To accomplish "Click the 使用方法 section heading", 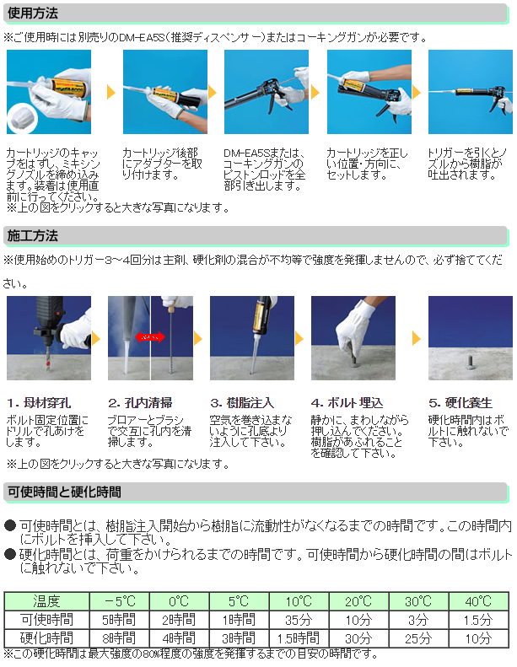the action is [x=33, y=13].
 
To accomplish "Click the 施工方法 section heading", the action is [x=33, y=235].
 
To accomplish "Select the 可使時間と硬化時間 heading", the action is [x=64, y=492].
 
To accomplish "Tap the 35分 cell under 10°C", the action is [x=299, y=620].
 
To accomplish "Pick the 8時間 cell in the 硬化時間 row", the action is [x=119, y=638].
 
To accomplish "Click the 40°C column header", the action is [x=479, y=601].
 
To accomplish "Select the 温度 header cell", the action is [x=46, y=601].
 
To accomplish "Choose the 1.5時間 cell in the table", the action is [x=299, y=638].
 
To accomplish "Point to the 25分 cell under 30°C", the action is [x=418, y=638].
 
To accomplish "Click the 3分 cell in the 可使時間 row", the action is [x=418, y=620].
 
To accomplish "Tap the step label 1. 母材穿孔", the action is [x=39, y=402].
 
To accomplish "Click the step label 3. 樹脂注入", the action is [x=242, y=402].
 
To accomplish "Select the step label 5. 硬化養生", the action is [x=460, y=402].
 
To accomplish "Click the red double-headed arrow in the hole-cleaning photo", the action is [x=150, y=338].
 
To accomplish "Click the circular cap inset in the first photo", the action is [x=23, y=117].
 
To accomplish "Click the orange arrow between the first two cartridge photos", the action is [x=111, y=92].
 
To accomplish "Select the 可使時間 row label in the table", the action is [x=46, y=620].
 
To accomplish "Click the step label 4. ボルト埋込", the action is [x=347, y=402].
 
